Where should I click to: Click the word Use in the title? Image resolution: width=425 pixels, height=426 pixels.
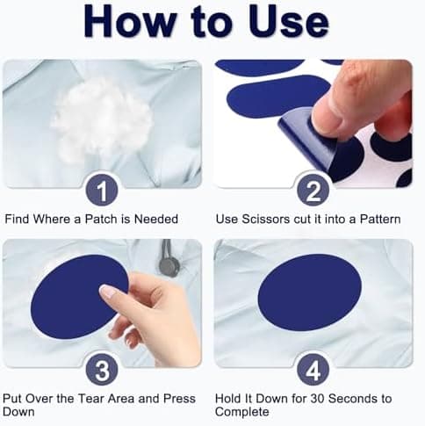tap(289, 21)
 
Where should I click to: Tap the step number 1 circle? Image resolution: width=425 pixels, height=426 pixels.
tap(102, 190)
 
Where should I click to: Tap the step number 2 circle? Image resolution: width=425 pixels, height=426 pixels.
tap(313, 190)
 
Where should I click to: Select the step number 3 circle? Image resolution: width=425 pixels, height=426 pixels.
tap(102, 370)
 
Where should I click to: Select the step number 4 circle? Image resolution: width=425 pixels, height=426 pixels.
tap(313, 370)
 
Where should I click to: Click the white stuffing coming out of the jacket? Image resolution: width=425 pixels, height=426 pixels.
tap(103, 121)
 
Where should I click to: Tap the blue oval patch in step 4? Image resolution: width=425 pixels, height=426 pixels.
tap(310, 292)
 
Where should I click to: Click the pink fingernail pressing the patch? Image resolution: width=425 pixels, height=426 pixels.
tap(107, 291)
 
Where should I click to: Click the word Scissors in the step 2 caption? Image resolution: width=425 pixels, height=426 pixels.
tap(265, 220)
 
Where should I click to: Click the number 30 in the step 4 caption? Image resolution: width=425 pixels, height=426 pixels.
tap(317, 399)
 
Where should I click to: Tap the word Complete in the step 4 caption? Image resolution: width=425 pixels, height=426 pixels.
tap(242, 412)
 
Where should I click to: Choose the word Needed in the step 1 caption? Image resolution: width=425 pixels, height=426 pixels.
tap(156, 219)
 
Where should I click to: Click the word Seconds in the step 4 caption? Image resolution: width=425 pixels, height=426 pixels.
tap(350, 399)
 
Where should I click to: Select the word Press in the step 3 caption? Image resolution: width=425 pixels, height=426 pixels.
tap(179, 399)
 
